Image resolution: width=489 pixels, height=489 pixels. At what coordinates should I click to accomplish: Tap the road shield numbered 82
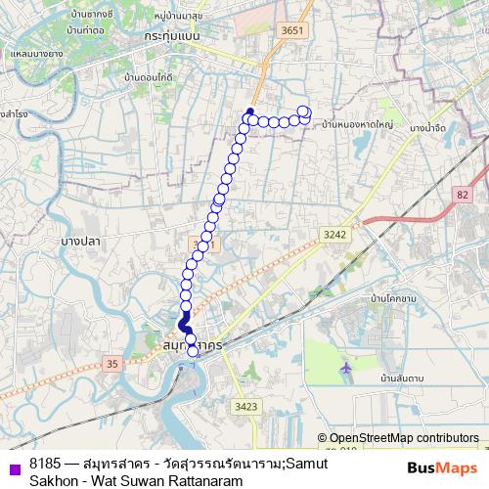coord(462,196)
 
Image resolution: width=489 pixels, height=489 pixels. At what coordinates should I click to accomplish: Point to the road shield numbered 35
coord(112,365)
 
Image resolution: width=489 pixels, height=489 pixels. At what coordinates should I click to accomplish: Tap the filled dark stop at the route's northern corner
coord(250,111)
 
